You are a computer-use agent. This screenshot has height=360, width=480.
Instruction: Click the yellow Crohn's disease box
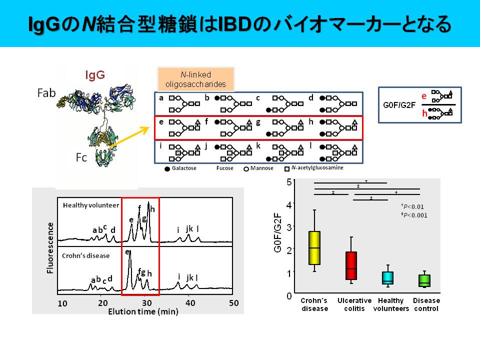point(314,247)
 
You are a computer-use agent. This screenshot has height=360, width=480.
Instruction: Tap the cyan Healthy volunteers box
point(387,278)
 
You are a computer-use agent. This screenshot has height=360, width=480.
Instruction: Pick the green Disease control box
point(424,280)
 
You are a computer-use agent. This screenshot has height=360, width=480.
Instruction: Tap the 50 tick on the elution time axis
point(233,303)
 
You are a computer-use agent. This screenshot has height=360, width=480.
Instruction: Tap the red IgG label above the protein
point(95,75)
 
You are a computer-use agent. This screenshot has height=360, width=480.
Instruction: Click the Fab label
point(46,92)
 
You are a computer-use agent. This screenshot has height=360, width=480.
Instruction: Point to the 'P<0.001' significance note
point(415,215)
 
